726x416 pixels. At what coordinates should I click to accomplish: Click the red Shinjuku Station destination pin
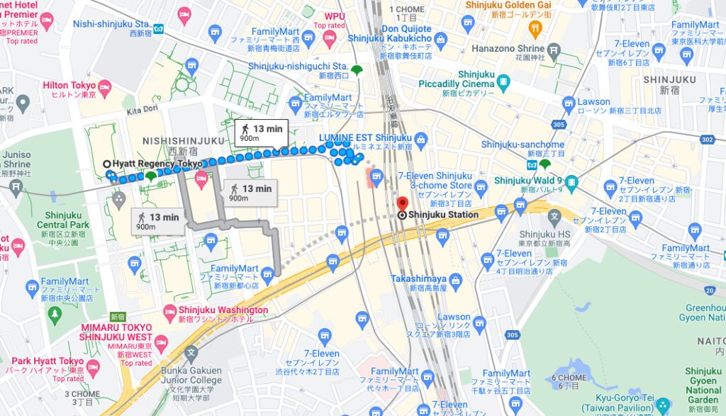click(x=402, y=203)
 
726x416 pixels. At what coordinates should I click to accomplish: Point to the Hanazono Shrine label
click(x=508, y=49)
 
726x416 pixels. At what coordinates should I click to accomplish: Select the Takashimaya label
click(x=418, y=279)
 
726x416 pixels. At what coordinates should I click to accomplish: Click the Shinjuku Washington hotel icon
click(x=169, y=310)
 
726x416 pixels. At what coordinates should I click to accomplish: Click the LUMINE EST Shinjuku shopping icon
click(x=420, y=137)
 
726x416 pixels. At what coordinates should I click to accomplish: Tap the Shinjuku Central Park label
click(x=63, y=220)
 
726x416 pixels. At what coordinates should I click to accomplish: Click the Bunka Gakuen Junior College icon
click(x=190, y=352)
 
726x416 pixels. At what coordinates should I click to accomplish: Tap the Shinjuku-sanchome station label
click(x=523, y=145)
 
